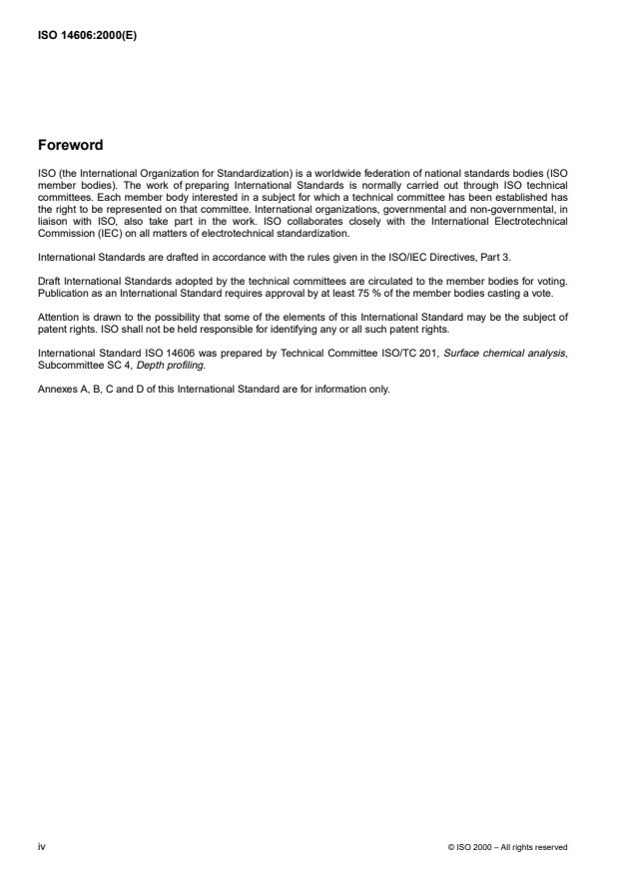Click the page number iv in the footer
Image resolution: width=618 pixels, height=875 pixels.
pyautogui.click(x=41, y=846)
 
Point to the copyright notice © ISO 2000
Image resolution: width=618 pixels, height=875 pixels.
pyautogui.click(x=473, y=847)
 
